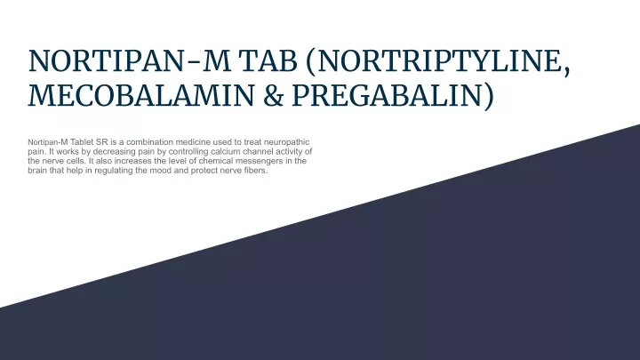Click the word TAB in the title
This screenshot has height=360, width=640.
click(268, 61)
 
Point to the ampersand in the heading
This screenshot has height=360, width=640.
click(273, 95)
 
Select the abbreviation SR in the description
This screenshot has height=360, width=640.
click(102, 142)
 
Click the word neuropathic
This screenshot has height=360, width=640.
click(286, 142)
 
